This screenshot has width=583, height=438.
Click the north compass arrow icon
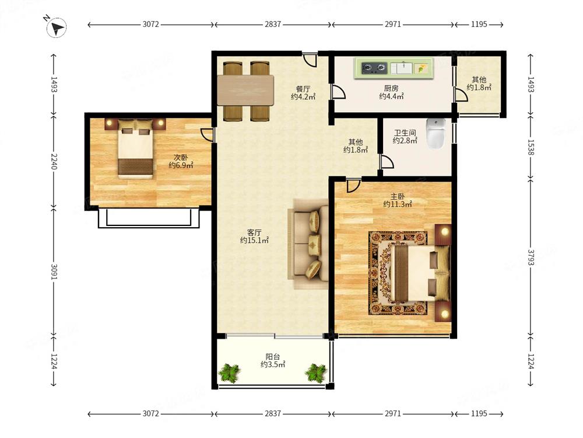(57, 28)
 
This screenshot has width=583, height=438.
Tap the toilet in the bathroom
(436, 133)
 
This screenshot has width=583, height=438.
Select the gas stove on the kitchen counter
(374, 68)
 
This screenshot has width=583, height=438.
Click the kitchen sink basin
(401, 68)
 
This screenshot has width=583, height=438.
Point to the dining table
(246, 91)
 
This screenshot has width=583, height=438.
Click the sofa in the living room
(308, 244)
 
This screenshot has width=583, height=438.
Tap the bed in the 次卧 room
(135, 149)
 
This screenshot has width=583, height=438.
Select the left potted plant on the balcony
(229, 373)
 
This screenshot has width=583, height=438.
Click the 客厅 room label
(254, 232)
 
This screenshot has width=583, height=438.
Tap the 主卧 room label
(398, 196)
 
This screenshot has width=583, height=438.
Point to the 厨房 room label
(391, 88)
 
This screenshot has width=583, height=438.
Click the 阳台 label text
(272, 357)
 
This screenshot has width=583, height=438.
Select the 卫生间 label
(405, 133)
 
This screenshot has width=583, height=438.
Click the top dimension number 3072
(150, 24)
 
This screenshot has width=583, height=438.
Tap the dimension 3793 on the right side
(531, 258)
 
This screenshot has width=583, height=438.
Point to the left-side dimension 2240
(54, 161)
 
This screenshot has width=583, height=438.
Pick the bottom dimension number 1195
(479, 413)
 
